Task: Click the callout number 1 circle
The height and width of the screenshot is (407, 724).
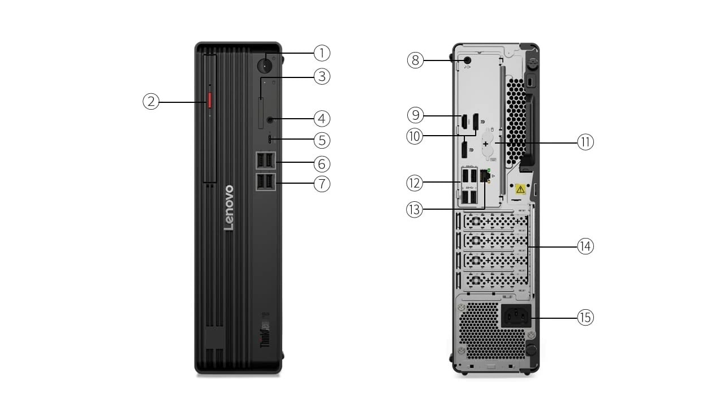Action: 322,53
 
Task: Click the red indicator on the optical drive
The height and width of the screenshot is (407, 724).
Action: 209,102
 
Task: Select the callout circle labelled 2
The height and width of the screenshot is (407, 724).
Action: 150,102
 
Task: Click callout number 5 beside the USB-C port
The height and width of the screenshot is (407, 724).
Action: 322,140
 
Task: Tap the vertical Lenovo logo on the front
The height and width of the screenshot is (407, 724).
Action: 229,207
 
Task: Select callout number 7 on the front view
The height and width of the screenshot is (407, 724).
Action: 322,184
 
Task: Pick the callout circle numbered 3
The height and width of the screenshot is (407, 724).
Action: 322,76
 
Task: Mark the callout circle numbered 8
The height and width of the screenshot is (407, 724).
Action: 416,59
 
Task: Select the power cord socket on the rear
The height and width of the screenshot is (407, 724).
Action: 516,317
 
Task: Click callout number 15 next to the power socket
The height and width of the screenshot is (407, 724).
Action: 585,318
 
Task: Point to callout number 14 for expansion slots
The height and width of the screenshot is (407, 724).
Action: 585,246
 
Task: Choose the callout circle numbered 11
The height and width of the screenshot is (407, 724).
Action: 585,142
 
